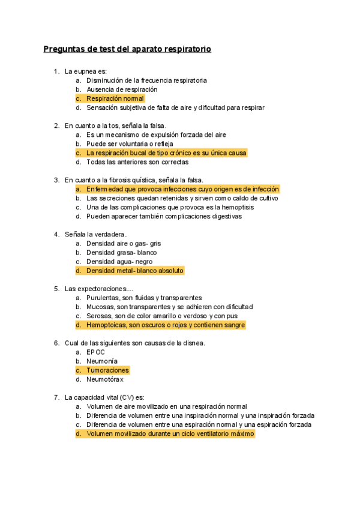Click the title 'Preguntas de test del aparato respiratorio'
point(127,49)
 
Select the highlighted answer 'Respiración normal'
point(115,98)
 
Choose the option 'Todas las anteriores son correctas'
point(137,162)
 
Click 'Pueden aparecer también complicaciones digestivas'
point(164,216)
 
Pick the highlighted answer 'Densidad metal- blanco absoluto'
point(134,271)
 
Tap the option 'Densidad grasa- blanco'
point(121,253)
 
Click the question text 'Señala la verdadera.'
point(95,234)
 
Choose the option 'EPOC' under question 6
point(96,352)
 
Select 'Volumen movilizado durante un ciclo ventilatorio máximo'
point(170,433)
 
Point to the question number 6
point(56,343)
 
